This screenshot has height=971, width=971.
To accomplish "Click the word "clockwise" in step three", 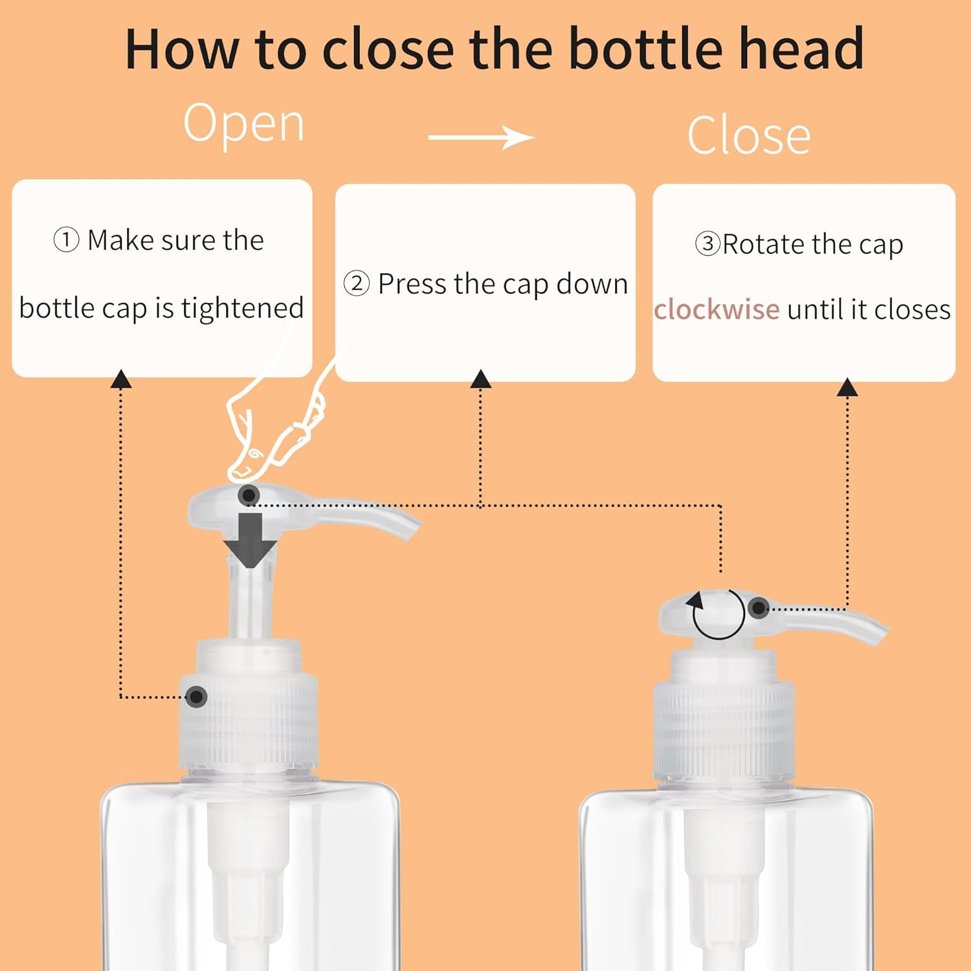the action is point(717,309).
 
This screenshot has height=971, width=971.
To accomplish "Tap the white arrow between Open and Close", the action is point(482,137).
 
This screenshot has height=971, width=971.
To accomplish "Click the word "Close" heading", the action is point(749,136).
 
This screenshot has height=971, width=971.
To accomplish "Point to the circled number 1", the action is point(66,240).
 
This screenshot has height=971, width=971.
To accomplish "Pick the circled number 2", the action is point(357,284).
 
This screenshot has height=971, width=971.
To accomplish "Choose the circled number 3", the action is point(708,244).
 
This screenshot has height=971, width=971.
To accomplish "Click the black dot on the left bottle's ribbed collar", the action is point(196,697).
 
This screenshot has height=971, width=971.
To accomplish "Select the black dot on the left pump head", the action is point(249,496).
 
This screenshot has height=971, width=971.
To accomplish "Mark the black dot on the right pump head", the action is point(758,608).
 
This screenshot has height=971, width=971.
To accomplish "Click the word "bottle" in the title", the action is point(645,49).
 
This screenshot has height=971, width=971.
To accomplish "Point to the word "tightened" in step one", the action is point(242,308).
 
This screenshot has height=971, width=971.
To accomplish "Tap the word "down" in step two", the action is point(592,284).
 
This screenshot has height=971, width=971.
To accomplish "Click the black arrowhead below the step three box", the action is point(847,387).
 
